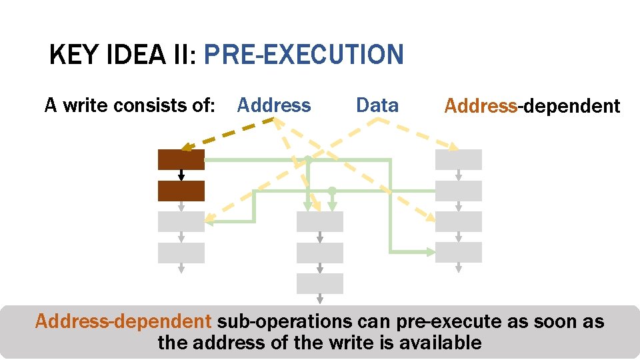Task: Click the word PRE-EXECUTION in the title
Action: (x=303, y=54)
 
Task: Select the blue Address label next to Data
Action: (x=273, y=105)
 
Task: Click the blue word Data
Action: (x=377, y=105)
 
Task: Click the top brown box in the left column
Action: (x=181, y=160)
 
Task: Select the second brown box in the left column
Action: (x=181, y=191)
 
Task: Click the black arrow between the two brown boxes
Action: (x=181, y=175)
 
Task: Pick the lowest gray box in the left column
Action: (x=181, y=253)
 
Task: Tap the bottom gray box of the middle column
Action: (x=320, y=283)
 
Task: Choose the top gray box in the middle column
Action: (x=320, y=221)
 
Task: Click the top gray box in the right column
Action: (x=458, y=160)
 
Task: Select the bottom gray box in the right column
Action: (x=458, y=252)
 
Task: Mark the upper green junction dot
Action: (x=307, y=159)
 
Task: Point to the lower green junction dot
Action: (x=332, y=191)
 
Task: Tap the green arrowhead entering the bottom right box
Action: (x=430, y=252)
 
